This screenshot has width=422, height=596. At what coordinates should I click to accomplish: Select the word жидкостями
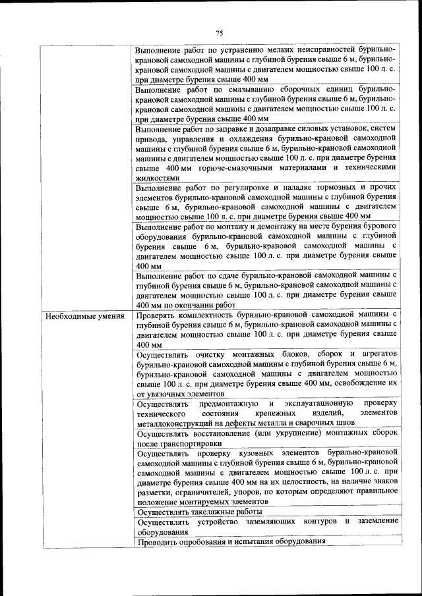pos(157,177)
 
